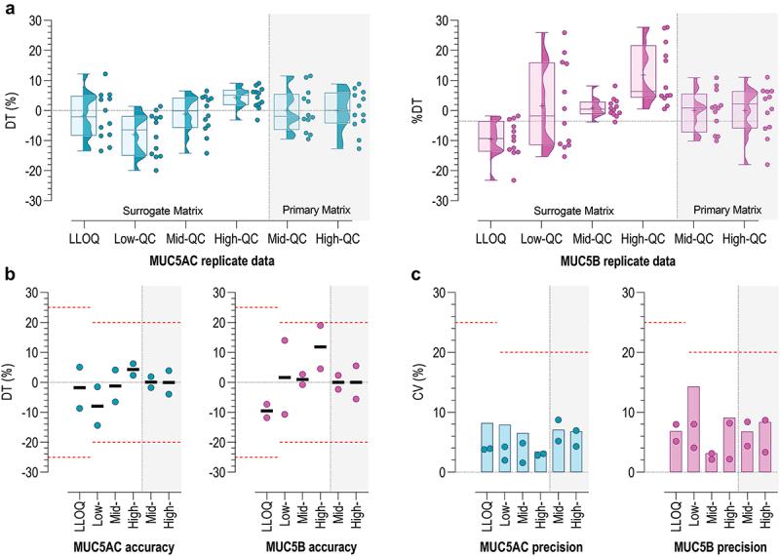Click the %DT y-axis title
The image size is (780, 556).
416,109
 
